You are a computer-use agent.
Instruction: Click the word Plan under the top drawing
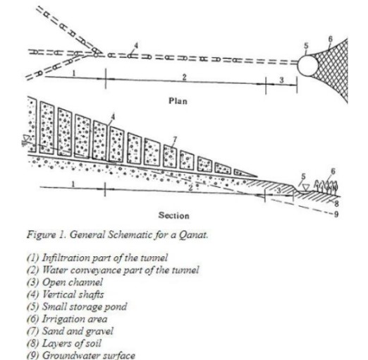[x=178, y=101]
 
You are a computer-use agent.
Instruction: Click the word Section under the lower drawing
[x=173, y=215]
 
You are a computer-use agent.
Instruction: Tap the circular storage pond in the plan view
[x=307, y=66]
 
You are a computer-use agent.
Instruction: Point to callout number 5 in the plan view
[x=306, y=46]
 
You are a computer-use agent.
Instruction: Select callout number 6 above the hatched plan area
[x=331, y=39]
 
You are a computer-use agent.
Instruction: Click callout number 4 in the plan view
[x=136, y=45]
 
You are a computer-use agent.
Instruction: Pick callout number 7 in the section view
[x=174, y=140]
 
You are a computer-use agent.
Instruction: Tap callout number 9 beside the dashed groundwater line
[x=336, y=214]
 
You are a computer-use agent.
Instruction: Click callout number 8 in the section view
[x=336, y=203]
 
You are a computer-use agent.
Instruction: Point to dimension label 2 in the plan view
[x=185, y=77]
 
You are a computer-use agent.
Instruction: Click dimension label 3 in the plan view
[x=281, y=80]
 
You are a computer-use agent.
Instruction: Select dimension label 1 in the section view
[x=73, y=184]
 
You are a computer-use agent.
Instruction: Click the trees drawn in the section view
[x=326, y=186]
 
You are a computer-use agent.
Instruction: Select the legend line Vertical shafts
[x=65, y=294]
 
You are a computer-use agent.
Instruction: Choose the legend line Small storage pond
[x=77, y=307]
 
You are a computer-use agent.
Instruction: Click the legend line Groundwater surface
[x=81, y=355]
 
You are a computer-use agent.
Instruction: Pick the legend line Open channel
[x=65, y=282]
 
